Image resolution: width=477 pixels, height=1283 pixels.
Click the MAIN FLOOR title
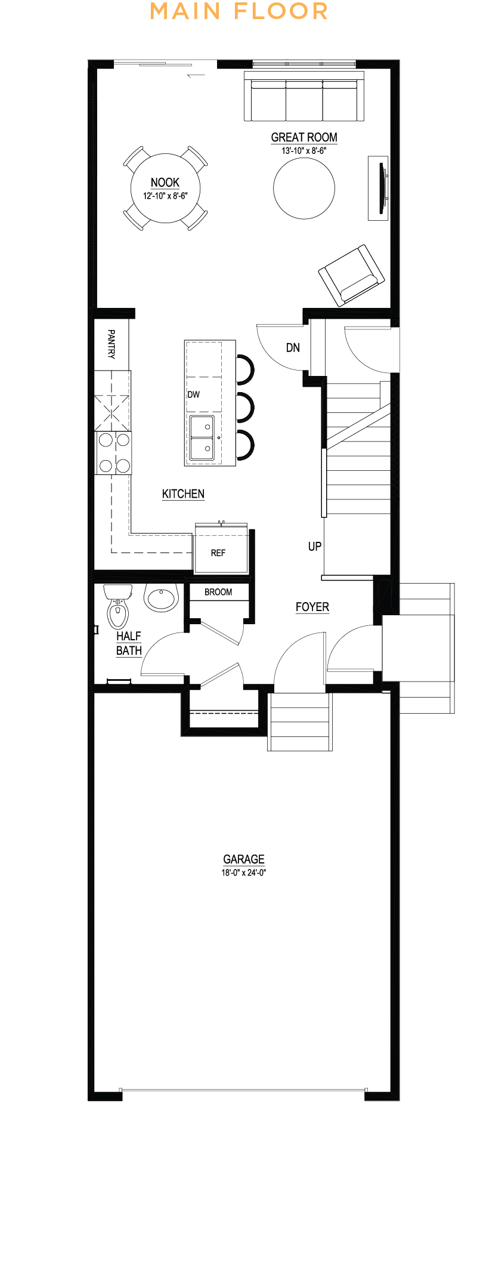pyautogui.click(x=238, y=11)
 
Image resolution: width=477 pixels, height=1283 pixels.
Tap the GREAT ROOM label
pyautogui.click(x=304, y=137)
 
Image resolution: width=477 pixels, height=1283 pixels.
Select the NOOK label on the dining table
pyautogui.click(x=165, y=183)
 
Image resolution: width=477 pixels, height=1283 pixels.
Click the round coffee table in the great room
pyautogui.click(x=304, y=188)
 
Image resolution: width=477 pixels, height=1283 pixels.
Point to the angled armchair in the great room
pyautogui.click(x=351, y=275)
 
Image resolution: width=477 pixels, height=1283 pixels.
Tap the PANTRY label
pyautogui.click(x=111, y=344)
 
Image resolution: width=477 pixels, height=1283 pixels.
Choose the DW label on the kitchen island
pyautogui.click(x=194, y=394)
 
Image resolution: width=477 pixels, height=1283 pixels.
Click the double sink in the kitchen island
pyautogui.click(x=202, y=438)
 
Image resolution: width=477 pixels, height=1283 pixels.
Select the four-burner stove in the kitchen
pyautogui.click(x=114, y=453)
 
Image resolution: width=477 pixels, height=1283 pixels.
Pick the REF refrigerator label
pyautogui.click(x=218, y=553)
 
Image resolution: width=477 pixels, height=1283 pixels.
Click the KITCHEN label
pyautogui.click(x=183, y=494)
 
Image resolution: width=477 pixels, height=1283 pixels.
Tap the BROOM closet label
pyautogui.click(x=218, y=592)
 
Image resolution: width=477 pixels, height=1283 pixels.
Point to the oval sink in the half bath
pyautogui.click(x=161, y=597)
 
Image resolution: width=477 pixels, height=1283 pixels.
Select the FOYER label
pyautogui.click(x=312, y=607)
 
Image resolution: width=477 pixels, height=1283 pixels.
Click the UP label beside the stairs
pyautogui.click(x=315, y=546)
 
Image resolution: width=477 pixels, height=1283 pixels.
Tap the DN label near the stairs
pyautogui.click(x=293, y=347)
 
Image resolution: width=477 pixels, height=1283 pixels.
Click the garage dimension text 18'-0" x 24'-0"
pyautogui.click(x=244, y=872)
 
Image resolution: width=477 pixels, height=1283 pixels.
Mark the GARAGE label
pyautogui.click(x=244, y=859)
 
